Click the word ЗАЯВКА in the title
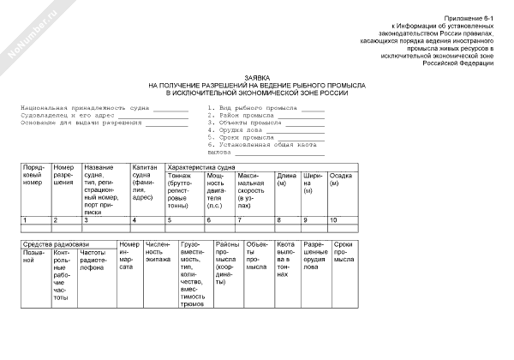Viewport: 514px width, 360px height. pyautogui.click(x=257, y=78)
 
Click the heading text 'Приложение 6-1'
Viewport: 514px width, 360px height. pyautogui.click(x=470, y=18)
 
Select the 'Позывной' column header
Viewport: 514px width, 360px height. pyautogui.click(x=34, y=257)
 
